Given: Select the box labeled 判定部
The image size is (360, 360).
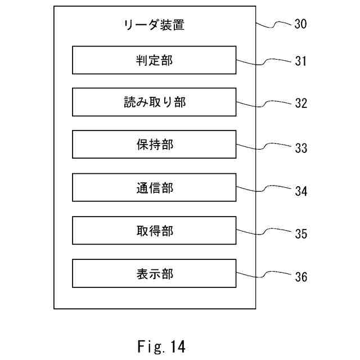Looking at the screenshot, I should click(154, 61).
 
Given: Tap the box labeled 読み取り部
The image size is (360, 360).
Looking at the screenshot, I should click(154, 103).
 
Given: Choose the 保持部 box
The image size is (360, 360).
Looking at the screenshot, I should click(154, 145).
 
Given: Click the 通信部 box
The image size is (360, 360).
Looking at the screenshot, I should click(154, 188).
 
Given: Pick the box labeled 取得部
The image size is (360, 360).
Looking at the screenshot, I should click(154, 231).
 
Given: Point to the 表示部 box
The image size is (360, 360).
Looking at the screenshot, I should click(154, 273).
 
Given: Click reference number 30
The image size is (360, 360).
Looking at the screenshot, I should click(300, 24).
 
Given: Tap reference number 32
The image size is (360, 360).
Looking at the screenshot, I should click(300, 105).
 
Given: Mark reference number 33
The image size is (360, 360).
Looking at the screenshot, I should click(300, 148).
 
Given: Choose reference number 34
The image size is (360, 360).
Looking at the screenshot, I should click(300, 191).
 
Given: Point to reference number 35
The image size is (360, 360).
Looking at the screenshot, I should click(300, 234).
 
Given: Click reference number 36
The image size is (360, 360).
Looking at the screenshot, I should click(300, 277).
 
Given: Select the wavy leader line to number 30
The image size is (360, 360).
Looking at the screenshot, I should click(274, 24).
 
